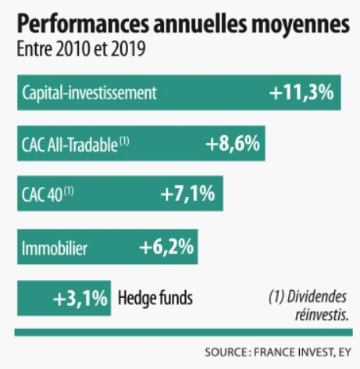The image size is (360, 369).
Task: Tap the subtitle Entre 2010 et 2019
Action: coord(81,51)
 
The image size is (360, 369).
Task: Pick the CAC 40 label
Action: coord(42,195)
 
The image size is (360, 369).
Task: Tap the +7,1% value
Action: coord(187,195)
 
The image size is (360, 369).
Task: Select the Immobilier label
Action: coord(55,249)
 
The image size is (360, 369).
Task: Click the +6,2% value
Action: coord(166,249)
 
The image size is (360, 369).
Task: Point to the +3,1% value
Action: coord(80,298)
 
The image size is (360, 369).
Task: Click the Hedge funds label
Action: coord(155,298)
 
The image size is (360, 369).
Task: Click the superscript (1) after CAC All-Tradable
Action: coord(123,141)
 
